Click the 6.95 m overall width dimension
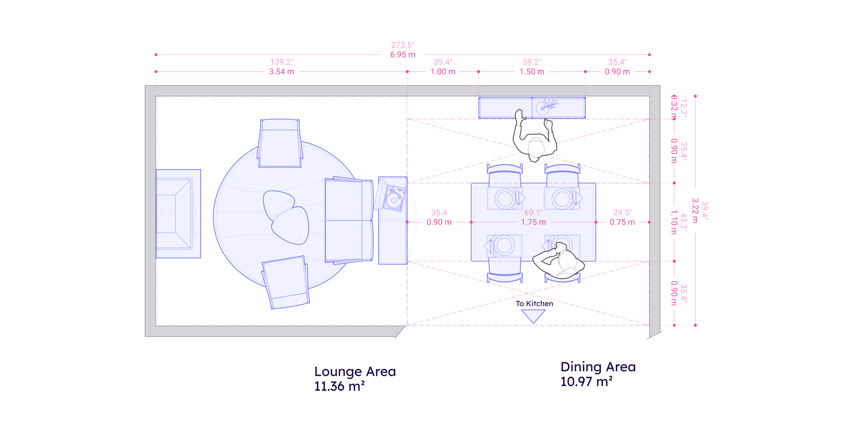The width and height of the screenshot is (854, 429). [x=403, y=55]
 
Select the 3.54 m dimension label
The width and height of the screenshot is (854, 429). [x=281, y=72]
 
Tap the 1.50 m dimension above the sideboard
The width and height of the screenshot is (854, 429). [x=532, y=72]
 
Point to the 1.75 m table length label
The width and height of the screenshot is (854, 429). [x=533, y=222]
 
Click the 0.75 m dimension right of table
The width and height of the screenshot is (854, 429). [x=622, y=222]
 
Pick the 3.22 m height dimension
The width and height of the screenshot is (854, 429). [x=695, y=210]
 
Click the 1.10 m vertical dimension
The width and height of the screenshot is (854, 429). [x=674, y=222]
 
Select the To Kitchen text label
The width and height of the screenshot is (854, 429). [x=534, y=304]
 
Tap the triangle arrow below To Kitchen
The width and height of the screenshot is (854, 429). [x=533, y=316]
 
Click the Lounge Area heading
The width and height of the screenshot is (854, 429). [x=355, y=372]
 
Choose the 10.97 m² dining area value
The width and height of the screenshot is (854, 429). [x=586, y=382]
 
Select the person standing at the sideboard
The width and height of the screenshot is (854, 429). [x=534, y=138]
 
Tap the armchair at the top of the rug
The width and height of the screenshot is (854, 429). [x=280, y=144]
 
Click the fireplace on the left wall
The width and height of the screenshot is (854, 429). [x=178, y=214]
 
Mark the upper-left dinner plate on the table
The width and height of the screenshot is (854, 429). [x=504, y=199]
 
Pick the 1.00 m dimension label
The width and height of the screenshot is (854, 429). [x=443, y=72]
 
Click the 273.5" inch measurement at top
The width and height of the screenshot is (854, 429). [x=403, y=45]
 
